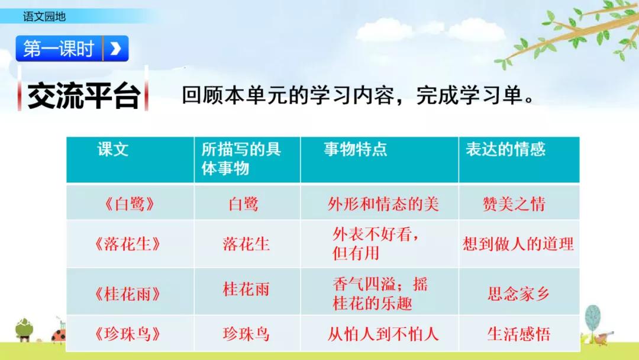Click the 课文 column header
tap(113, 149)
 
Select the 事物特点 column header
tap(355, 149)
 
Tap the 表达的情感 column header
tap(505, 149)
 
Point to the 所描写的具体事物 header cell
tap(241, 159)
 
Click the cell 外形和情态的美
tap(383, 204)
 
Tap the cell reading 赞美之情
tap(514, 204)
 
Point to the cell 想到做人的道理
tap(518, 244)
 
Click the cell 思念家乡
tap(518, 294)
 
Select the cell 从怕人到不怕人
tap(383, 334)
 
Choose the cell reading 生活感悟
tap(518, 334)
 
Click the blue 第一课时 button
tap(59, 49)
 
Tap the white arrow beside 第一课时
tap(116, 49)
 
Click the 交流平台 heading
tap(83, 97)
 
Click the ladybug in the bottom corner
tap(59, 336)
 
